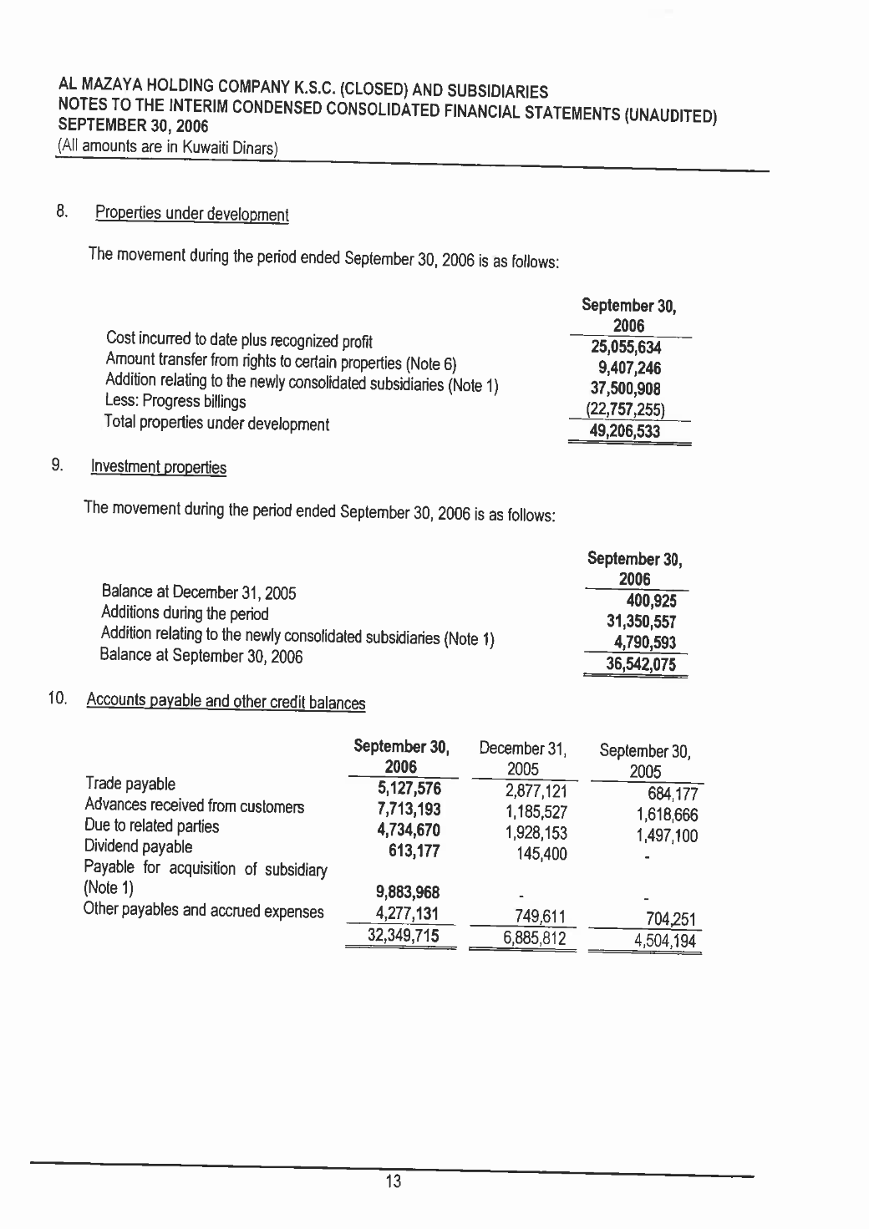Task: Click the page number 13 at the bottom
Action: tap(394, 1181)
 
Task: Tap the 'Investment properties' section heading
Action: tap(159, 466)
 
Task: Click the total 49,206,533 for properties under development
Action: tap(624, 431)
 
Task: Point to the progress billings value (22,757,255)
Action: tap(627, 410)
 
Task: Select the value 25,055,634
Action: tap(626, 348)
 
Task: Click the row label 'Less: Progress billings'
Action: tap(175, 402)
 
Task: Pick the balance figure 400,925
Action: tap(651, 601)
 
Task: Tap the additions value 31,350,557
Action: tap(641, 622)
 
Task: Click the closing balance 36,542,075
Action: tap(641, 664)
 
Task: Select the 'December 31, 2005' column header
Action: tap(523, 757)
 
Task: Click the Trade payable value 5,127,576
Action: tap(409, 789)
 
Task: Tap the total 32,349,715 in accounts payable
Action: tap(404, 936)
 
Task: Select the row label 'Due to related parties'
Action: tap(151, 826)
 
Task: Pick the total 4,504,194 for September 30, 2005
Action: tap(664, 942)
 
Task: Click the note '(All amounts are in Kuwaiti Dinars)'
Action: tap(166, 148)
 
